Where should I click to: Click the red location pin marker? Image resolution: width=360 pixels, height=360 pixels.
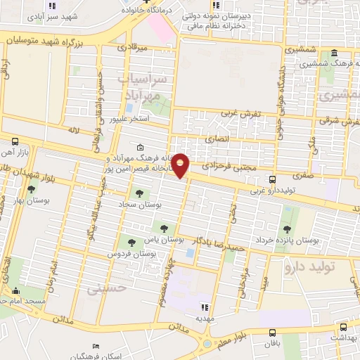click(x=181, y=165)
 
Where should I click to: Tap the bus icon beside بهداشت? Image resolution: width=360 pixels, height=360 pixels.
click(x=342, y=327)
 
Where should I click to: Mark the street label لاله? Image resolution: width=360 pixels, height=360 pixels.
click(x=76, y=130)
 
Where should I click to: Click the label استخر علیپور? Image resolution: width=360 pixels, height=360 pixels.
click(x=129, y=120)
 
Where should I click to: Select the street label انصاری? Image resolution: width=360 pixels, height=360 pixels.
click(x=216, y=139)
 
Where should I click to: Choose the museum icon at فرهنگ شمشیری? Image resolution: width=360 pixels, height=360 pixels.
click(x=333, y=53)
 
